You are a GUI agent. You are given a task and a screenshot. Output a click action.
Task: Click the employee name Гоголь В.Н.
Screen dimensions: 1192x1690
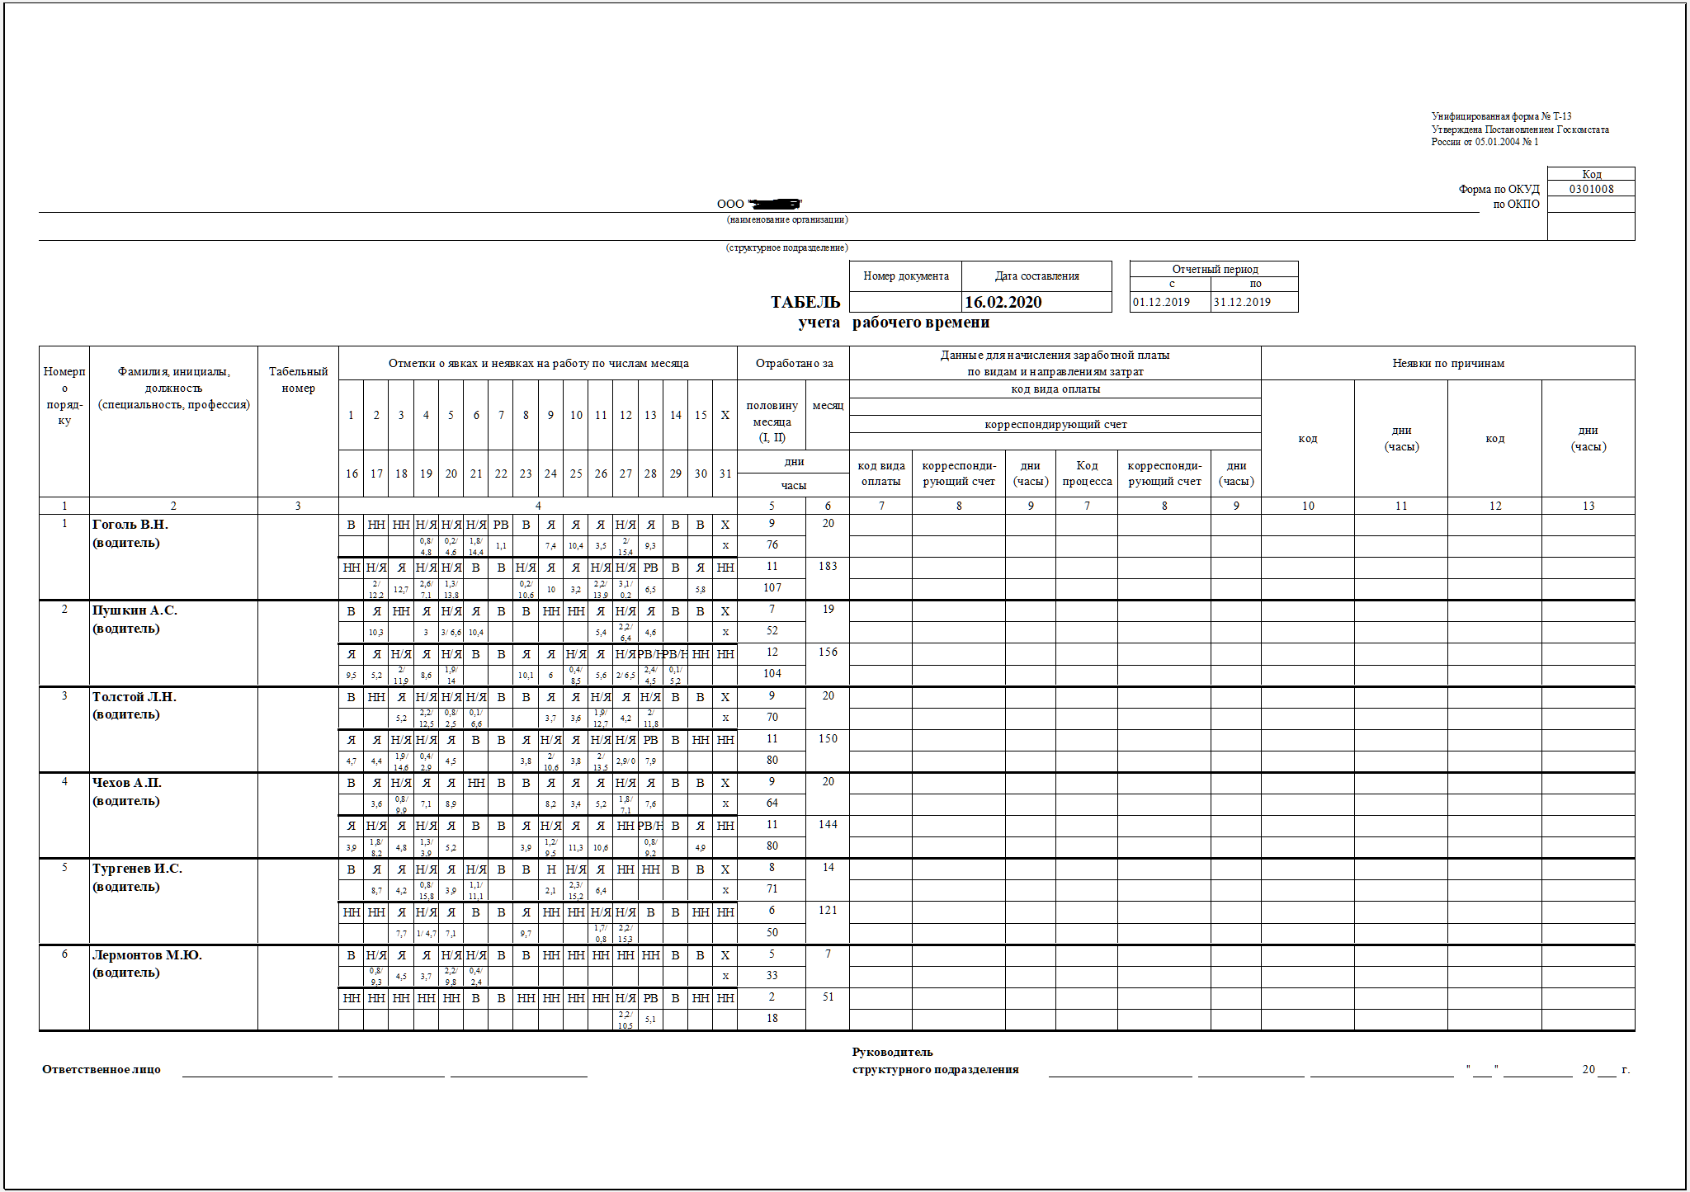click(130, 525)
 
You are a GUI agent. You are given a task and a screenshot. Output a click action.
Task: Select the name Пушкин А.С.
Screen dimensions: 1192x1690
click(135, 610)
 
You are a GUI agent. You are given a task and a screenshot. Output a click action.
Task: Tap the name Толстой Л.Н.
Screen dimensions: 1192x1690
click(135, 697)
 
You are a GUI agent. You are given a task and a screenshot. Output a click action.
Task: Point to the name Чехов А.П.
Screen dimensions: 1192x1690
click(127, 783)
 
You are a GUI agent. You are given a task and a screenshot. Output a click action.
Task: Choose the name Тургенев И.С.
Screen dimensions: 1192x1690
click(137, 869)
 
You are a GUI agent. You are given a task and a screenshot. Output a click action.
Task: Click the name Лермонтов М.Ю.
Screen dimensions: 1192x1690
click(147, 955)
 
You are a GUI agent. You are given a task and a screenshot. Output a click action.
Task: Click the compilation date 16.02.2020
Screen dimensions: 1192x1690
click(1003, 302)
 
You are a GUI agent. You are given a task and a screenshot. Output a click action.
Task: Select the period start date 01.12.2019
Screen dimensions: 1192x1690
click(1161, 302)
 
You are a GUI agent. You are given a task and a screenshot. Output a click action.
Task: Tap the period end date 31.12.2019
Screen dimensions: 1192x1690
click(1242, 302)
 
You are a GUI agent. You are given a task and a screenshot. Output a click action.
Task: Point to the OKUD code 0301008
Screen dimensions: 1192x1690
click(1591, 189)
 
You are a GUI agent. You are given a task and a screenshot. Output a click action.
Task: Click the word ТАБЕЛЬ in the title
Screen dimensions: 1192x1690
click(805, 302)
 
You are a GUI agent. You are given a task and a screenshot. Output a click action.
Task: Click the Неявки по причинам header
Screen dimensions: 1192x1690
click(1448, 363)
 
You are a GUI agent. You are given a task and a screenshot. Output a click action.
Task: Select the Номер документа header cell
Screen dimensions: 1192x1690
click(905, 276)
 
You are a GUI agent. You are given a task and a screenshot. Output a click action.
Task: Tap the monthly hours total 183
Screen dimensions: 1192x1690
click(828, 566)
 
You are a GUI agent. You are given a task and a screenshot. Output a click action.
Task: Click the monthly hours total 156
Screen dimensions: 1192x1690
click(828, 652)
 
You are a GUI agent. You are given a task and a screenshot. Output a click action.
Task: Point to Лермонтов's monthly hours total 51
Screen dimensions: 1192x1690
click(828, 996)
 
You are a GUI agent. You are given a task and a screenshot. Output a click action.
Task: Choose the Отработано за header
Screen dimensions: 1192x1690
click(793, 363)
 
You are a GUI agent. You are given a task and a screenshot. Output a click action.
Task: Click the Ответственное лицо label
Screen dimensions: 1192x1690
click(101, 1070)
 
